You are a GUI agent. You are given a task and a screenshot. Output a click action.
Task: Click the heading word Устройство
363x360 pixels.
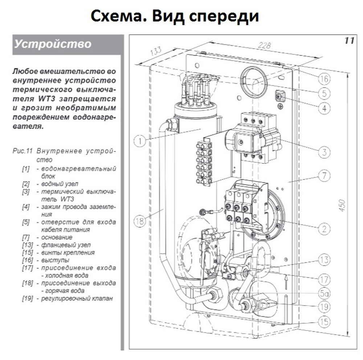[53, 44]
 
